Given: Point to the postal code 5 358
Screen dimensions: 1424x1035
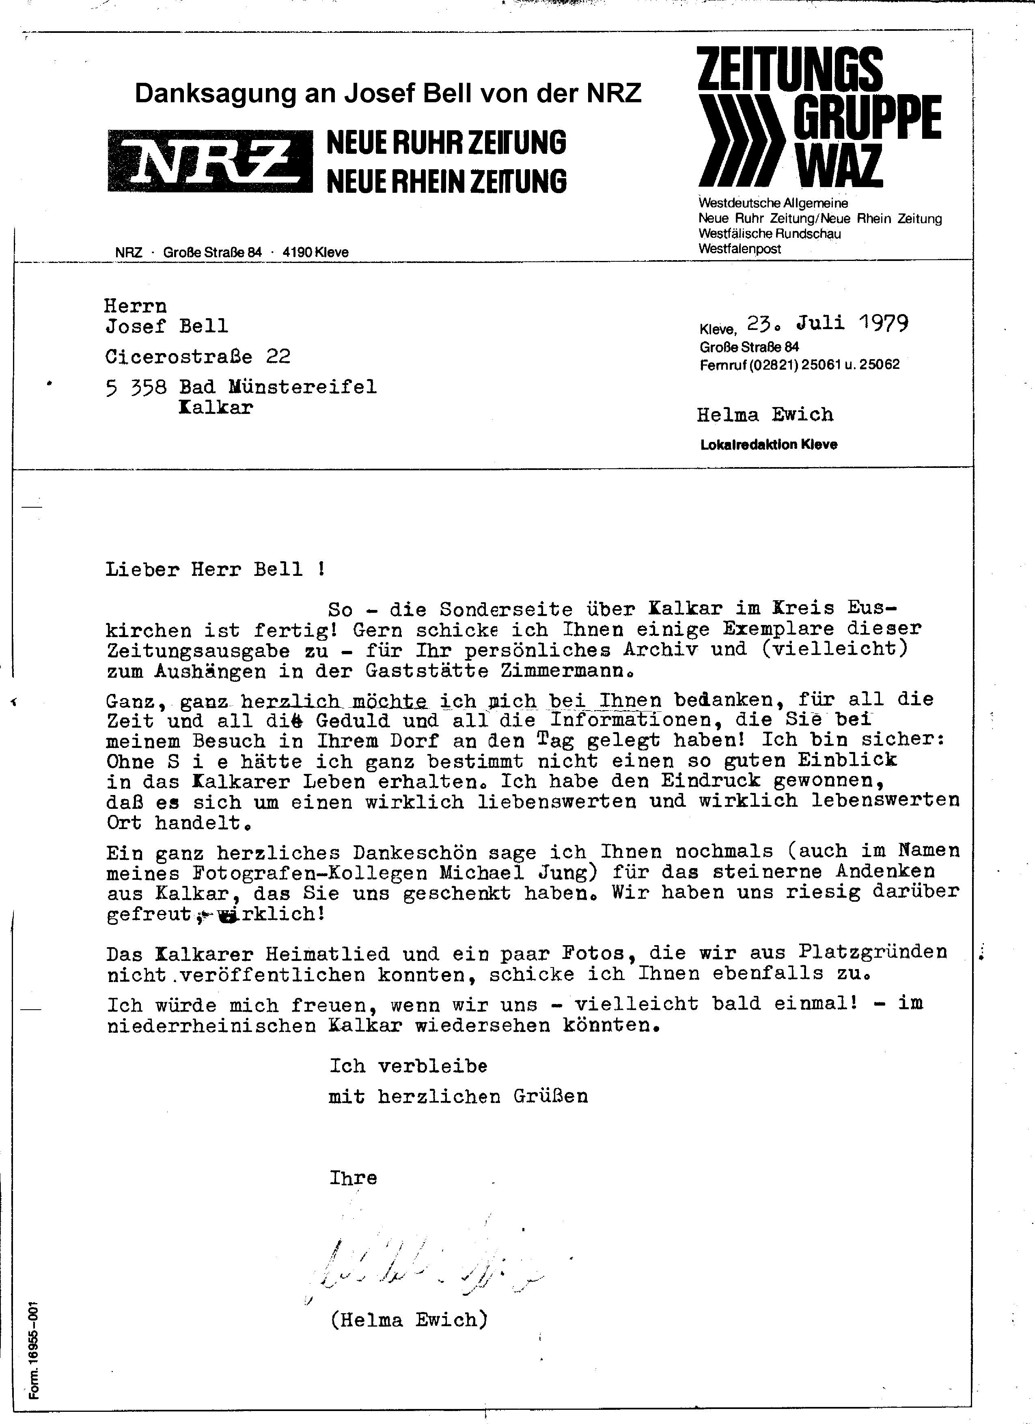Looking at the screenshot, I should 136,388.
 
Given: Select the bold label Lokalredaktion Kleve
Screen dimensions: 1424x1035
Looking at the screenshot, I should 769,444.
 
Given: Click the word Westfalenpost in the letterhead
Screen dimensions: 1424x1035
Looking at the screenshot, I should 740,249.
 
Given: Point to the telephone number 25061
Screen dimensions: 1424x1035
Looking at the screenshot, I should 819,364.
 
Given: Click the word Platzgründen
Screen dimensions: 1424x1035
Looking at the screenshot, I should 873,952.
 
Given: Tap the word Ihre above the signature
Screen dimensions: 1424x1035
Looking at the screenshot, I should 353,1178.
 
